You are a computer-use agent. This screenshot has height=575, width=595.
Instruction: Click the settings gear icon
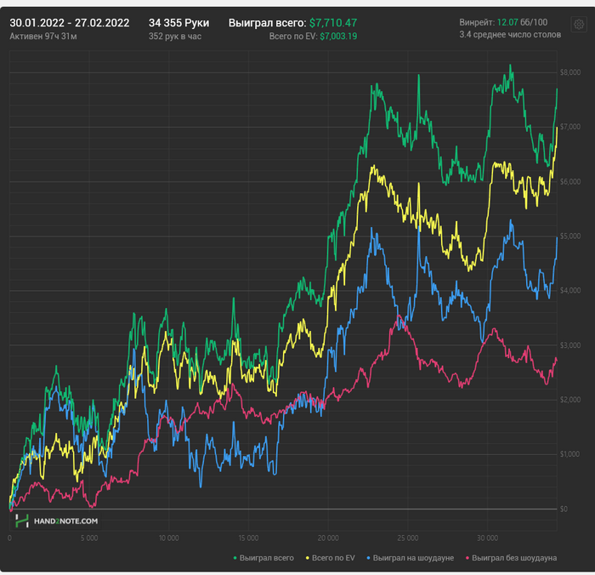pos(579,25)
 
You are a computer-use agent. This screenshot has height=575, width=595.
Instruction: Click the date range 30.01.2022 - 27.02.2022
pos(70,23)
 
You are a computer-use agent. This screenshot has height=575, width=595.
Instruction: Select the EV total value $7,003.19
pos(338,37)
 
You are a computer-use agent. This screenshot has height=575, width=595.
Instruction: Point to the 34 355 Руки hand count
pos(178,23)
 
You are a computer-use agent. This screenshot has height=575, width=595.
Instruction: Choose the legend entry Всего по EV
pos(336,558)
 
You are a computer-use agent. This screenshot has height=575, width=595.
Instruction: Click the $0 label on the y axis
pos(564,509)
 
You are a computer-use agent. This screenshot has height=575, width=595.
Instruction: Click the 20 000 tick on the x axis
pos(328,538)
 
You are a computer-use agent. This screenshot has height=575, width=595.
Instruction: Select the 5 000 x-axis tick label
pos(88,538)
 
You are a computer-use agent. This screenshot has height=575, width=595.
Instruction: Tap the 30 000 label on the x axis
pos(487,538)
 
